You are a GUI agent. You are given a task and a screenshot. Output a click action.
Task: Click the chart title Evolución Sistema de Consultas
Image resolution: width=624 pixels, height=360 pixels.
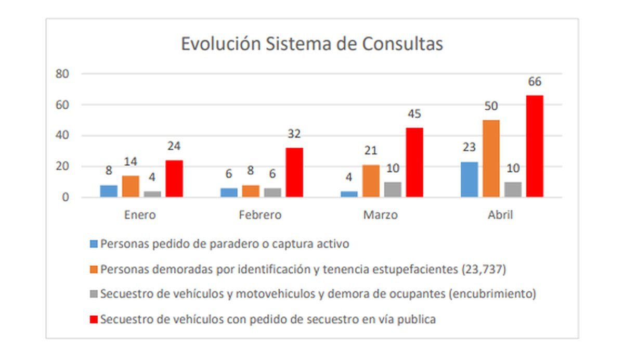click(311, 44)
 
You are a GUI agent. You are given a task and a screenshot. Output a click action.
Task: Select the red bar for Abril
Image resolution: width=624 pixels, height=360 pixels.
click(535, 146)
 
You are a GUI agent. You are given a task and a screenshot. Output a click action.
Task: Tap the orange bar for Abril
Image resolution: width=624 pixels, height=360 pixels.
click(491, 159)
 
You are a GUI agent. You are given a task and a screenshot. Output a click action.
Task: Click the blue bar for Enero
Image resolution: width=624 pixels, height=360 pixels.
click(109, 191)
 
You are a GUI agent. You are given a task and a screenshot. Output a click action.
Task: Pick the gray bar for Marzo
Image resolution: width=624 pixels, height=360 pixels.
click(393, 189)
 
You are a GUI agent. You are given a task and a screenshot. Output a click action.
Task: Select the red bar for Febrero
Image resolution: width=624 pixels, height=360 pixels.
click(294, 172)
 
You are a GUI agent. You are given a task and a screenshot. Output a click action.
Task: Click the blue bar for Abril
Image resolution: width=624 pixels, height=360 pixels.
click(470, 179)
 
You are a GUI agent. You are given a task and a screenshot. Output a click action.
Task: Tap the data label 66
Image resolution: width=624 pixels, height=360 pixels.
click(535, 82)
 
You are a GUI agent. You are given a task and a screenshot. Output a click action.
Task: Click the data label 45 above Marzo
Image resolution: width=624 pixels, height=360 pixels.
click(414, 114)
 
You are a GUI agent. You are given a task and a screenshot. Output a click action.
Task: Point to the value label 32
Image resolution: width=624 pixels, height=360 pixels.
click(294, 134)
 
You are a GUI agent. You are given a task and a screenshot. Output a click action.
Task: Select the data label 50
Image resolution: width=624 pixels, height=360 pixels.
click(491, 107)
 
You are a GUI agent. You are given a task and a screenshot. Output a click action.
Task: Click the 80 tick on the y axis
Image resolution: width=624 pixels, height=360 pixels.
click(62, 74)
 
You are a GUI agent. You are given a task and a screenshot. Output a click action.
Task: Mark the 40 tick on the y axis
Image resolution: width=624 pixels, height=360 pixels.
click(62, 136)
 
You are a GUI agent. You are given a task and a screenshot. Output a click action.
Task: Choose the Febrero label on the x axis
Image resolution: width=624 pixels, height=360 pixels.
click(260, 215)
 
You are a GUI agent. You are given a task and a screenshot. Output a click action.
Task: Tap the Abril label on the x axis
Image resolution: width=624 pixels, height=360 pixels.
click(500, 215)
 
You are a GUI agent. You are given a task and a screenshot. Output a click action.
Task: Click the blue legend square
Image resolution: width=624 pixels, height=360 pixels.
click(94, 243)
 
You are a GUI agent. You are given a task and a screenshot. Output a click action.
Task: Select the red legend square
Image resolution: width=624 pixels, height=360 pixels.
click(94, 319)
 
